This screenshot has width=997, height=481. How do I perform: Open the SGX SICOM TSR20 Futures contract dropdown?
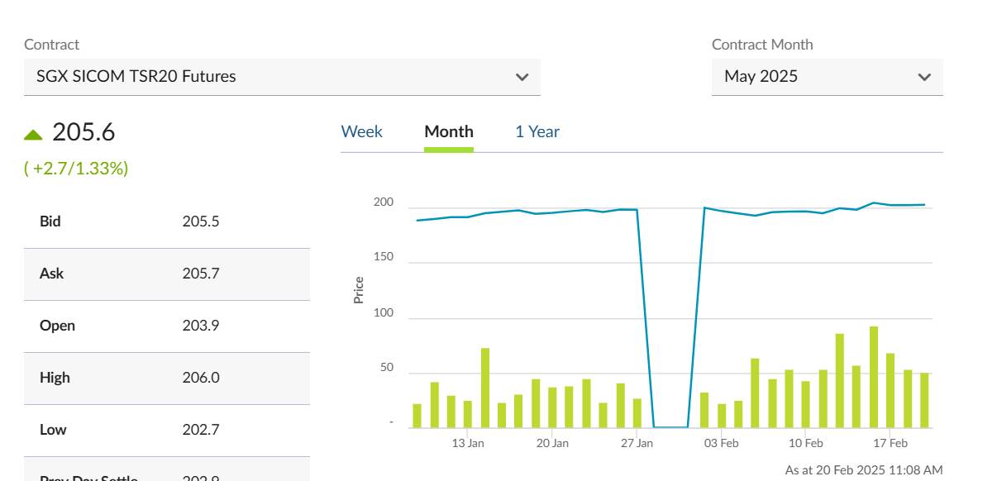[x=282, y=77]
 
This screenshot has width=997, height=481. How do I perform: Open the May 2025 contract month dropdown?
[x=827, y=77]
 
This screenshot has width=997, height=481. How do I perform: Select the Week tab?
[x=361, y=131]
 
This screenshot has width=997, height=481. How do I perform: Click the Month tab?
[x=449, y=131]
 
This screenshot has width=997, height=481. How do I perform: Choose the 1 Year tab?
[x=537, y=131]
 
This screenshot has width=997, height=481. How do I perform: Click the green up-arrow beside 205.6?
[x=33, y=134]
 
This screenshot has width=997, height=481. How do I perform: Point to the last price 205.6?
[x=83, y=132]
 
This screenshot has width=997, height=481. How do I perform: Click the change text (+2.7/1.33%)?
[x=76, y=169]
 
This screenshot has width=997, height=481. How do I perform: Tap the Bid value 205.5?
[x=201, y=221]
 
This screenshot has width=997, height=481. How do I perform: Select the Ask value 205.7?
[x=201, y=274]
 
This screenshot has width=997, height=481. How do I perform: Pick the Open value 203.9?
[x=200, y=326]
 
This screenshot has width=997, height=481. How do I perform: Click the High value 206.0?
[x=201, y=378]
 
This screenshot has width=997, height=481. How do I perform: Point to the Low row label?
[x=53, y=430]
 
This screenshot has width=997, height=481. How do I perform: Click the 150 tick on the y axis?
[x=384, y=258]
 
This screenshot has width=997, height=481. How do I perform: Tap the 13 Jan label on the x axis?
[x=468, y=443]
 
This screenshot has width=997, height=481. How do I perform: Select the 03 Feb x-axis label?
[x=722, y=443]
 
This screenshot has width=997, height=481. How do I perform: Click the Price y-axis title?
[x=359, y=290]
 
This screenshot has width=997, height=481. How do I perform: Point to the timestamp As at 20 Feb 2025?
[x=863, y=469]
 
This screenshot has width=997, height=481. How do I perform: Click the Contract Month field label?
[x=762, y=45]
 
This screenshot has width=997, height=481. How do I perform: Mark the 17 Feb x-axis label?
[x=890, y=443]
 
